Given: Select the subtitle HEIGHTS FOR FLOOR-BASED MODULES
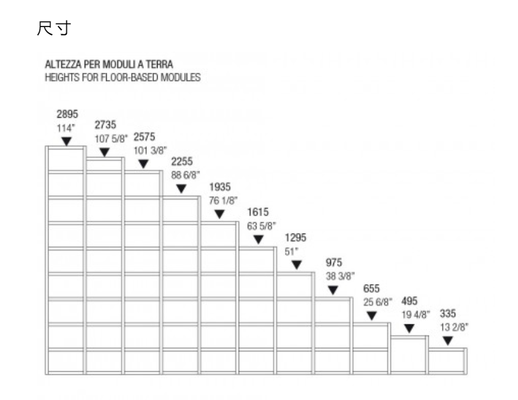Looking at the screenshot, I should coord(122,77).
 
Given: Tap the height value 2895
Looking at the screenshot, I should coord(67,114).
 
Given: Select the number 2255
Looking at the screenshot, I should coord(182,162).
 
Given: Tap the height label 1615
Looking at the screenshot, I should coord(258,213).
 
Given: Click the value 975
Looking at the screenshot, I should coord(334,263).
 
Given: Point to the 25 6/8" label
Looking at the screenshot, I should coord(378,301).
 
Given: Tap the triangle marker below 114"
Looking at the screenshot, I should coord(67,141).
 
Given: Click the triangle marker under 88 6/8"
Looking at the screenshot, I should coord(181,189).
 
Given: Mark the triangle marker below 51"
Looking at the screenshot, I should coord(296,265).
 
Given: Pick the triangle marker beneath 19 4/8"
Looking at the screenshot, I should coord(409,329).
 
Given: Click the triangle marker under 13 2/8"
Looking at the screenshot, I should coord(447,341).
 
